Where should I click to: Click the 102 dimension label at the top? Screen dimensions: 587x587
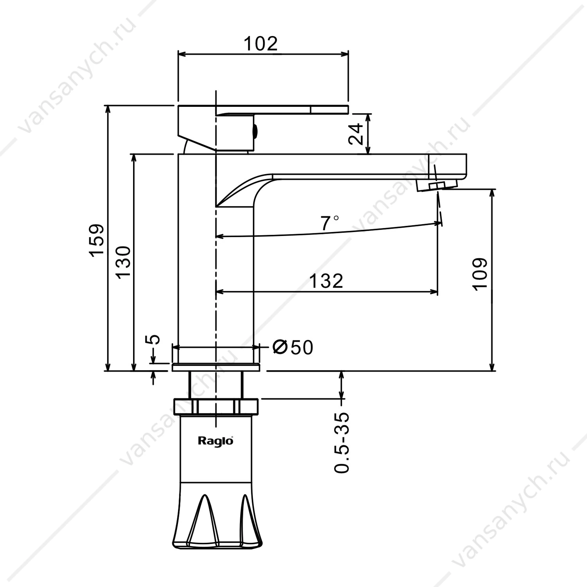pos(260,43)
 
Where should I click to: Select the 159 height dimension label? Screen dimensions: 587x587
pos(97,240)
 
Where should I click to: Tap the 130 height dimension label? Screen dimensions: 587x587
pos(123,262)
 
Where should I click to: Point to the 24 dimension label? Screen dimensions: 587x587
pos(356,134)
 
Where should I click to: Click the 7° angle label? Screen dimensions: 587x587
pos(330,223)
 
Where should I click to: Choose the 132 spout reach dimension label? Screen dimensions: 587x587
pos(326,281)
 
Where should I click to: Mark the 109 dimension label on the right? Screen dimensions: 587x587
pos(480,274)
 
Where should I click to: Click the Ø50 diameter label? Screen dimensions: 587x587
pos(293,347)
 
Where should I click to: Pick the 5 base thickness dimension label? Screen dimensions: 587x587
pos(155,339)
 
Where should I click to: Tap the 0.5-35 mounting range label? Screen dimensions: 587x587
pos(342,442)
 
